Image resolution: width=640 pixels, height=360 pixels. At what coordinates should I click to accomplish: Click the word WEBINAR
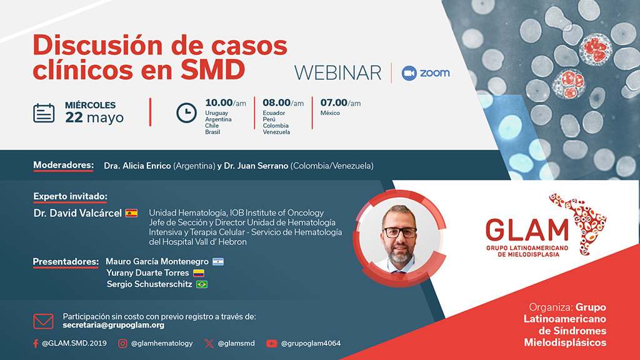pyautogui.click(x=337, y=72)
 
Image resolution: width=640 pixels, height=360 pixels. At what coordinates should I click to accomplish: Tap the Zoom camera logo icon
pyautogui.click(x=409, y=72)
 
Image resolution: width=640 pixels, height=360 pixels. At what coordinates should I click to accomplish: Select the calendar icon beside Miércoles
pyautogui.click(x=44, y=112)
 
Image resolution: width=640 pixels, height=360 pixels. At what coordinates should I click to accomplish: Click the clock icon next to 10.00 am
pyautogui.click(x=186, y=112)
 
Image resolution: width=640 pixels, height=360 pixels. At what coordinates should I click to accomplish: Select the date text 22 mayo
pyautogui.click(x=94, y=118)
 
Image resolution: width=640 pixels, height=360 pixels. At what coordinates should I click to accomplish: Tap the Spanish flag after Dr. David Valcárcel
pyautogui.click(x=131, y=213)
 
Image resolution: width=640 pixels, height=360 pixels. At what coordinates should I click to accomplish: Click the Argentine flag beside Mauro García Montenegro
pyautogui.click(x=217, y=261)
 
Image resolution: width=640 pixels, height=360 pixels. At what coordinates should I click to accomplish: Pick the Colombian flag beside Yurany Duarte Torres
pyautogui.click(x=198, y=273)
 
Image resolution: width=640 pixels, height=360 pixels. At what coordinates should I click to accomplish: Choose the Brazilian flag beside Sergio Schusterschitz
pyautogui.click(x=202, y=284)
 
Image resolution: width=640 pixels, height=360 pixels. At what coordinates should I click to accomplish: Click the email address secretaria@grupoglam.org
pyautogui.click(x=114, y=326)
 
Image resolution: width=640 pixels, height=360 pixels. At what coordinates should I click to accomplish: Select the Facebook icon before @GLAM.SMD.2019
pyautogui.click(x=36, y=343)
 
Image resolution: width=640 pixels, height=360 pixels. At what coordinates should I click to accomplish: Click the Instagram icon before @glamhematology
pyautogui.click(x=123, y=343)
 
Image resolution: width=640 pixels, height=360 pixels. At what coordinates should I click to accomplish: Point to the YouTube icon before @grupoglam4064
pyautogui.click(x=271, y=343)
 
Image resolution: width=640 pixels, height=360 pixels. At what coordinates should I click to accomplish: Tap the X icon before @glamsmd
pyautogui.click(x=207, y=343)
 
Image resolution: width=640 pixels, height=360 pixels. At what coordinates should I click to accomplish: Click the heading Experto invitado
pyautogui.click(x=70, y=196)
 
